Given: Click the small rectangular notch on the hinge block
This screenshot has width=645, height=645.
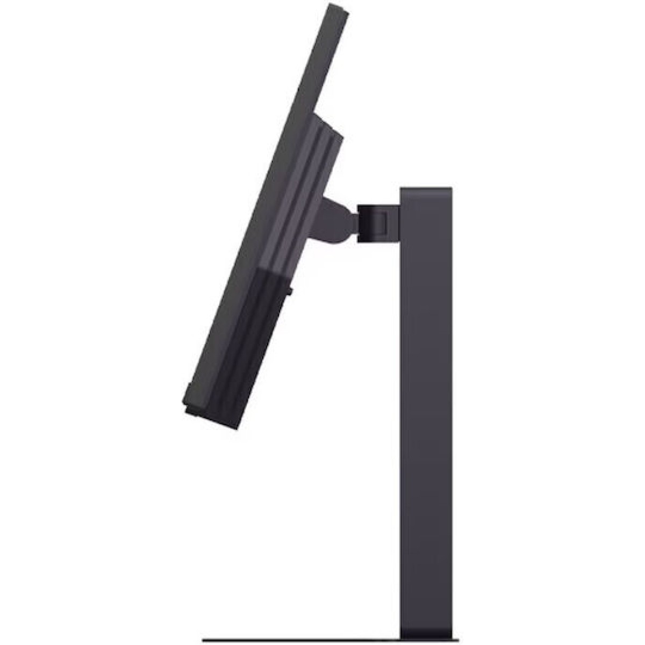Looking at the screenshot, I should [x=380, y=221].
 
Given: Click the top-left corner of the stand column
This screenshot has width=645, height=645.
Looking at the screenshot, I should [x=402, y=189].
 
